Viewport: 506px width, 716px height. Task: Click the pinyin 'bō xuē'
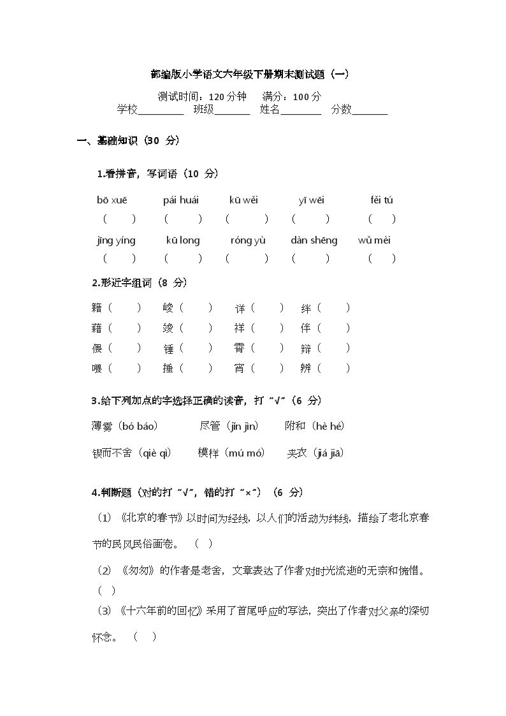pyautogui.click(x=112, y=200)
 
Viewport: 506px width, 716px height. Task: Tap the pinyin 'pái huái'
pyautogui.click(x=181, y=200)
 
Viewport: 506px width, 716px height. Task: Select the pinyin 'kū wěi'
pyautogui.click(x=243, y=200)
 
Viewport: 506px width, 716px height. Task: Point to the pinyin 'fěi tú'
pyautogui.click(x=382, y=200)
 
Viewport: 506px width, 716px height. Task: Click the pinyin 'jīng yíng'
pyautogui.click(x=116, y=240)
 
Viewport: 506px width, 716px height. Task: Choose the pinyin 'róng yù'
pyautogui.click(x=248, y=240)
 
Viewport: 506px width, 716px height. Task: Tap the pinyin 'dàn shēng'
pyautogui.click(x=314, y=240)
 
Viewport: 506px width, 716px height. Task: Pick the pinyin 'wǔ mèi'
pyautogui.click(x=374, y=240)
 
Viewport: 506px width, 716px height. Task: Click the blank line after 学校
pyautogui.click(x=161, y=112)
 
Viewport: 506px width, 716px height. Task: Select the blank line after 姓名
pyautogui.click(x=301, y=112)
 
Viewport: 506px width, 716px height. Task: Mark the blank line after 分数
pyautogui.click(x=370, y=112)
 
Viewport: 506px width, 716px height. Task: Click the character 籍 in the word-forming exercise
pyautogui.click(x=97, y=309)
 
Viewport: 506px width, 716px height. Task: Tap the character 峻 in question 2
pyautogui.click(x=168, y=309)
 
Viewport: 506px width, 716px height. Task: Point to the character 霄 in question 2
pyautogui.click(x=240, y=348)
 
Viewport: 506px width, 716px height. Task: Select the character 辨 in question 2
pyautogui.click(x=306, y=368)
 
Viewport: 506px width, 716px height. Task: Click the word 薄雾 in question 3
pyautogui.click(x=102, y=426)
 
